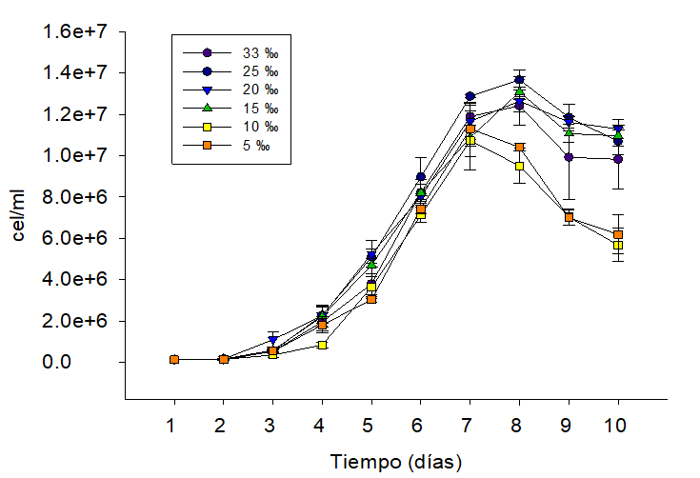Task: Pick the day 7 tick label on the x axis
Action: (x=470, y=424)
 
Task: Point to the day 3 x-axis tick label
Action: (x=272, y=424)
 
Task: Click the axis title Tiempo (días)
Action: (x=396, y=463)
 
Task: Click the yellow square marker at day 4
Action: (x=322, y=345)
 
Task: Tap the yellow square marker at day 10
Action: (x=618, y=245)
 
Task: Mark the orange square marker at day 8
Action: (x=519, y=148)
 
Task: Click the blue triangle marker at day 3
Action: (x=272, y=340)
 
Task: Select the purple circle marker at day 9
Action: (x=569, y=157)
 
